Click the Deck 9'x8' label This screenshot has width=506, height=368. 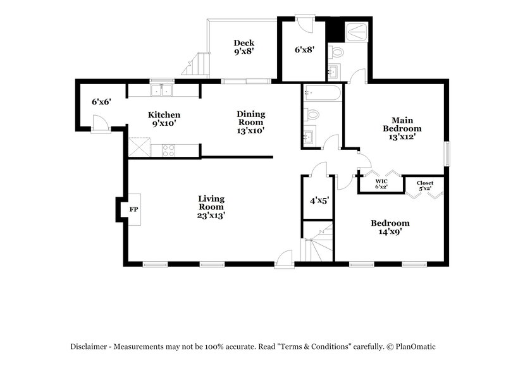244,48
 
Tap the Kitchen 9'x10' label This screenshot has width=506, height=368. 164,119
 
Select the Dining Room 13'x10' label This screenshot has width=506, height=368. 251,122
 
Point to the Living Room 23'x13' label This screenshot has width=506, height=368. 211,207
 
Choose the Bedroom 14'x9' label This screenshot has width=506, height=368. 390,227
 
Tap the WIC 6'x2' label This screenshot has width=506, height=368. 381,183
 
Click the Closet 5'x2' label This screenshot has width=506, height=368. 425,185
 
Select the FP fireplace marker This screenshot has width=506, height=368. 133,209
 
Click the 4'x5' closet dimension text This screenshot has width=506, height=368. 319,200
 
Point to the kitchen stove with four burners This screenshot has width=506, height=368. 169,150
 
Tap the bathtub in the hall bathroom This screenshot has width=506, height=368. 323,93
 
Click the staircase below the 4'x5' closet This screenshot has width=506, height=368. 318,243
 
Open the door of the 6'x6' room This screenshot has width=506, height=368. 99,123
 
